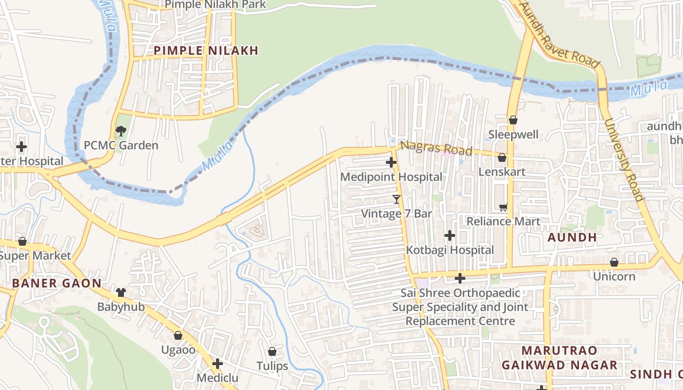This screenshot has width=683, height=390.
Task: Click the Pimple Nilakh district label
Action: pos(206,50)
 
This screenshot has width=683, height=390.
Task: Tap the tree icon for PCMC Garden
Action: pos(121,131)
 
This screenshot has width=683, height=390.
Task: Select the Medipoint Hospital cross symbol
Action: pos(391,162)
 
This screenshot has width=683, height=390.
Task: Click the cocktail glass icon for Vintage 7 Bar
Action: pos(396,199)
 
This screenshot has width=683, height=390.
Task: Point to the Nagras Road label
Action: pos(436,148)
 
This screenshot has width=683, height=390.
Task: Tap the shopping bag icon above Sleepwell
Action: pos(513,120)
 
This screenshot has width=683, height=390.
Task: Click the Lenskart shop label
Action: pos(502,172)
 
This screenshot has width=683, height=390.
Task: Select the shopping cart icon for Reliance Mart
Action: pos(503,208)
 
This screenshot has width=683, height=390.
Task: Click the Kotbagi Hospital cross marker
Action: pos(449,236)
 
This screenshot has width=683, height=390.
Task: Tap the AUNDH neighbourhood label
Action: pos(572,237)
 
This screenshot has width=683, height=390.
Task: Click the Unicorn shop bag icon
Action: pos(614,263)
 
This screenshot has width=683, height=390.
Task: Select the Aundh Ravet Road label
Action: pos(559,35)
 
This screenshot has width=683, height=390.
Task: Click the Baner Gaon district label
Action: pos(57,283)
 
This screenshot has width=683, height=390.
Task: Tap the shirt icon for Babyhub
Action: pos(121,292)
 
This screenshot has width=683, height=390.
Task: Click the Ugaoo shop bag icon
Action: pos(178,335)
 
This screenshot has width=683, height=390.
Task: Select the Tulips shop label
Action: pos(272,366)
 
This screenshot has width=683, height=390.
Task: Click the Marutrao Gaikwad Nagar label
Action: pos(559,357)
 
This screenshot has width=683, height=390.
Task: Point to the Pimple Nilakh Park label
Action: pos(215,5)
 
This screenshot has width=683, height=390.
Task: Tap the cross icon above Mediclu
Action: pos(218,364)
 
